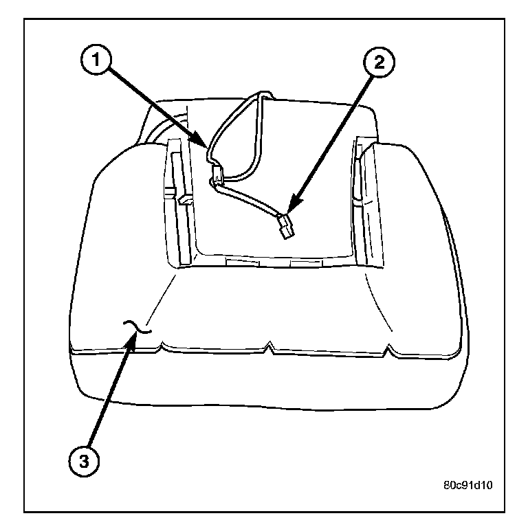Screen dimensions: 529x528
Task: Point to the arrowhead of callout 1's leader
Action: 207,146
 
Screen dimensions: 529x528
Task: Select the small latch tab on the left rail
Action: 183,199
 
